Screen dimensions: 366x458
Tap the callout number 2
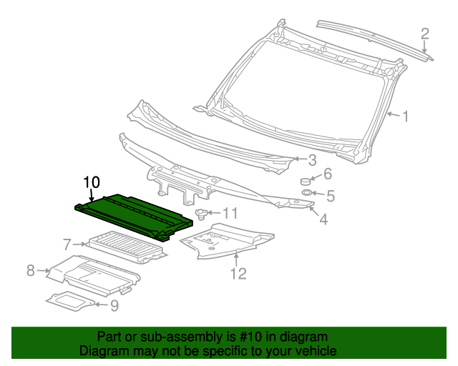[424, 33]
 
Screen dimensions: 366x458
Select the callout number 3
[312, 160]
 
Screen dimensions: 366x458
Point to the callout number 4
[323, 220]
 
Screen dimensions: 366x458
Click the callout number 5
[330, 194]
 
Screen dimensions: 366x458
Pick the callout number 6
[327, 174]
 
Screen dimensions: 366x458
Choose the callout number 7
[67, 243]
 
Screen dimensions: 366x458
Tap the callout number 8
[31, 269]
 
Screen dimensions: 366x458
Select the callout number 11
[229, 213]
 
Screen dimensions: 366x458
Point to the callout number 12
[237, 272]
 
